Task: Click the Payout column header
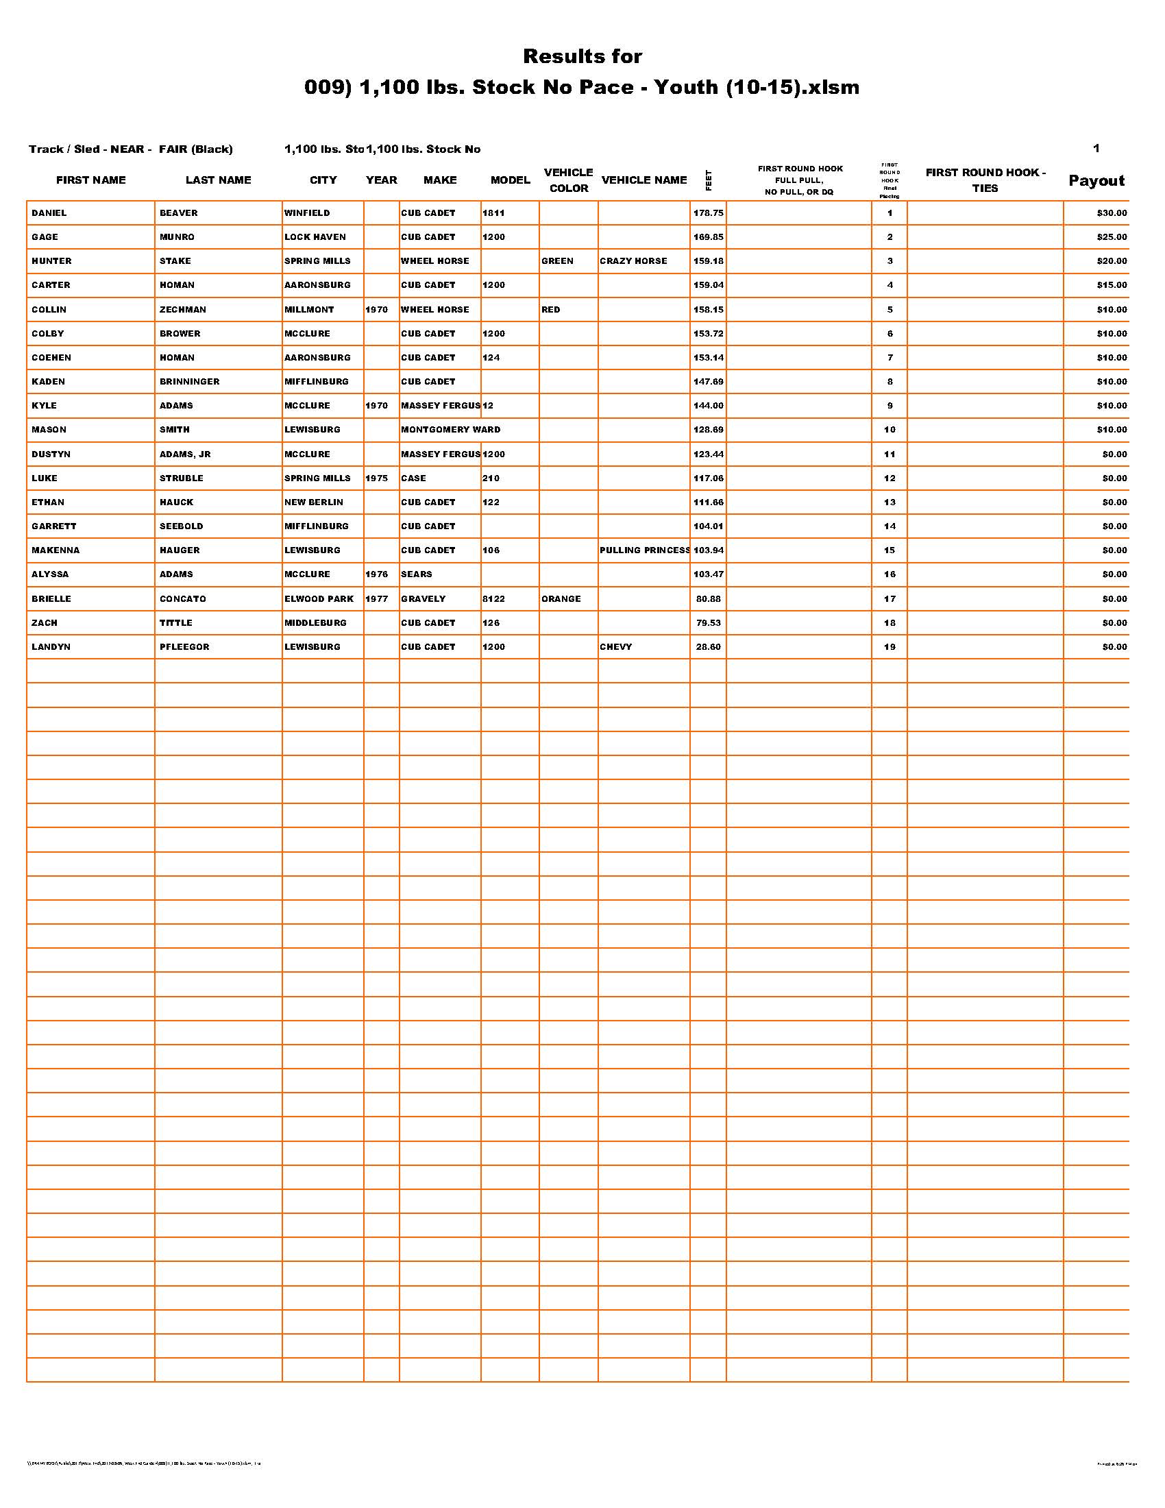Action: (1096, 181)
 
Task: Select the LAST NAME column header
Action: (218, 180)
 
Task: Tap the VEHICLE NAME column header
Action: (644, 180)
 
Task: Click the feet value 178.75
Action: (708, 213)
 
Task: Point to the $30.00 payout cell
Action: (1111, 213)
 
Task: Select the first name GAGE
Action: (45, 237)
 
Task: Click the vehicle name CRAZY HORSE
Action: (633, 261)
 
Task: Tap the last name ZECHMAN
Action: (183, 309)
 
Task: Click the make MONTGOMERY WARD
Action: (451, 430)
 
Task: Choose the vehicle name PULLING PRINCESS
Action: (644, 550)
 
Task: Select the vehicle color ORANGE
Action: (561, 598)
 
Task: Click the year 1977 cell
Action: (377, 598)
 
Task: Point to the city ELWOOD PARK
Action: (319, 598)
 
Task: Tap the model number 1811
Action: (493, 213)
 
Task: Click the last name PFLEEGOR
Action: (184, 647)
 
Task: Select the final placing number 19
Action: (890, 647)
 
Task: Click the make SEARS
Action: (416, 574)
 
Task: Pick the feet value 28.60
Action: (708, 647)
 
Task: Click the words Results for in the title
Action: (582, 56)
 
